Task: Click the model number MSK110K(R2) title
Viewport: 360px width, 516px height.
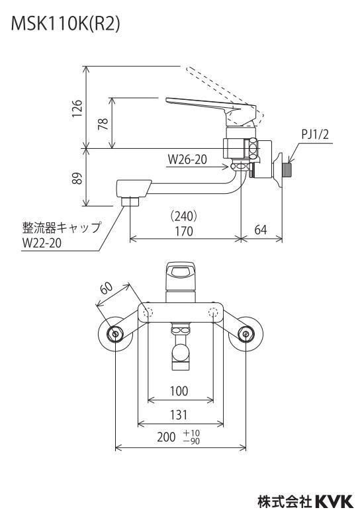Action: (x=66, y=24)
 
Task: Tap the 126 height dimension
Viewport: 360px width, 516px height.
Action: (x=77, y=108)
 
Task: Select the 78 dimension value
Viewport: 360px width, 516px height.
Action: (x=103, y=124)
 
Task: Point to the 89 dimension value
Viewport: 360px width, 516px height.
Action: (x=77, y=178)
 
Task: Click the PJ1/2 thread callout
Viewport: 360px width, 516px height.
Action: (x=315, y=134)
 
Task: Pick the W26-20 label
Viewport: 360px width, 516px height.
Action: (x=187, y=159)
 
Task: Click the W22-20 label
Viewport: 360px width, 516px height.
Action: (x=42, y=243)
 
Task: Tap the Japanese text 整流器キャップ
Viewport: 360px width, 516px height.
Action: (x=61, y=228)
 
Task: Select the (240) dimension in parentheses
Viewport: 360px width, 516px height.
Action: (x=183, y=216)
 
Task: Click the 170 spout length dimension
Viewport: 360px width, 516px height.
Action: (x=183, y=231)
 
